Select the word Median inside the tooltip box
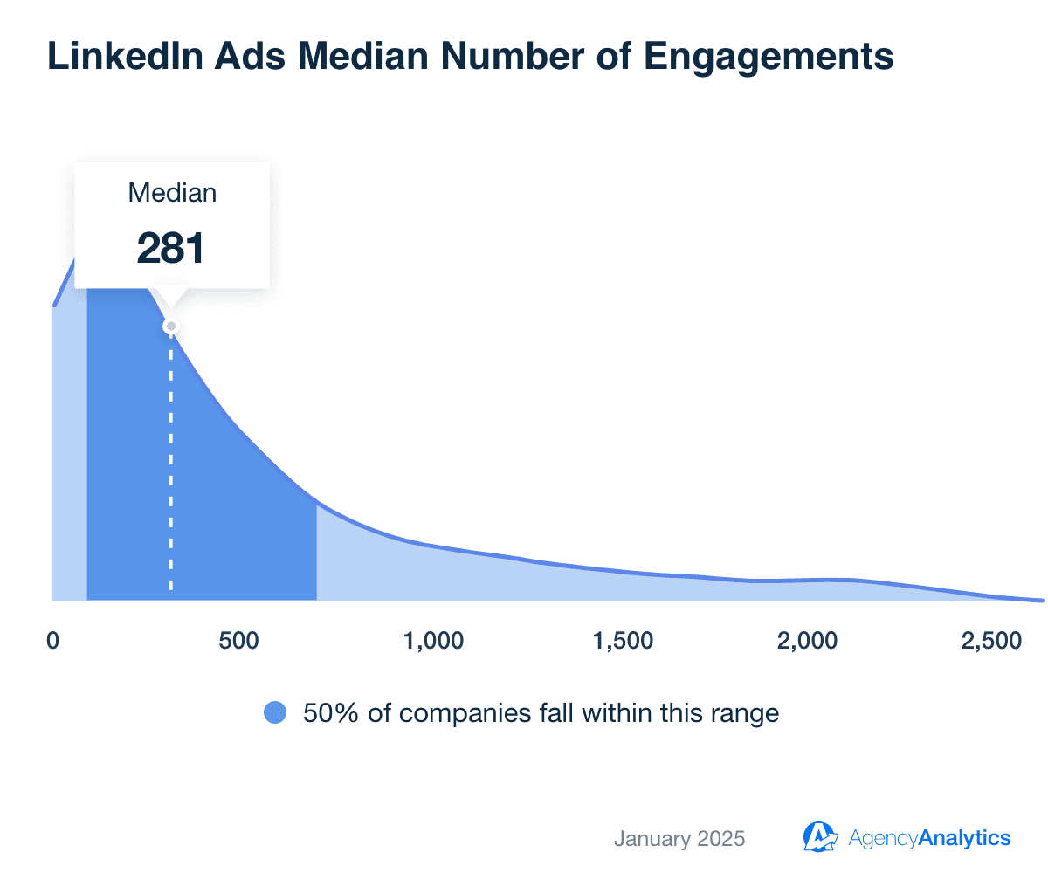click(172, 193)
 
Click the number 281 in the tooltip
click(171, 248)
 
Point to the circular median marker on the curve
click(171, 327)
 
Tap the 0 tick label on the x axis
click(52, 641)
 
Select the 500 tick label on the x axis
click(238, 641)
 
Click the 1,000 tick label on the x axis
click(434, 641)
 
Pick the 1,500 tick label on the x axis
click(623, 641)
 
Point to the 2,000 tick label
click(807, 641)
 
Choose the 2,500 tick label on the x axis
click(991, 641)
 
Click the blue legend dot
click(275, 713)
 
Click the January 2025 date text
click(679, 839)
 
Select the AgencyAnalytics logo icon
click(820, 837)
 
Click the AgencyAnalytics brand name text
click(929, 839)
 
